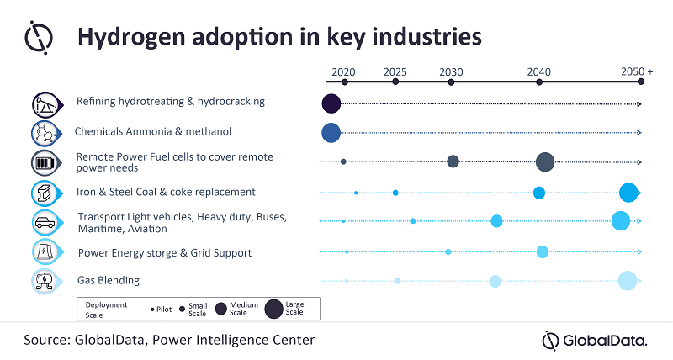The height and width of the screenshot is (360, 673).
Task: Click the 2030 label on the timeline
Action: tap(450, 71)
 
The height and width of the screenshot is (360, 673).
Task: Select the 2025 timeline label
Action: tap(395, 71)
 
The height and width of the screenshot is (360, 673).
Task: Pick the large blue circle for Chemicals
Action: tap(331, 132)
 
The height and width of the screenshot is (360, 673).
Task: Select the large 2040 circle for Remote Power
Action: tap(544, 161)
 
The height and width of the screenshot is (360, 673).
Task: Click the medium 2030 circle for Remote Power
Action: tap(453, 161)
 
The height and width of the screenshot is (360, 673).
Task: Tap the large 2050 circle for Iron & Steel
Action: tap(628, 193)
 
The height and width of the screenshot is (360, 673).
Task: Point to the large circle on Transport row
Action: tap(621, 221)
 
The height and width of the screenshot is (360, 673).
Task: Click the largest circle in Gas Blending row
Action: tap(627, 281)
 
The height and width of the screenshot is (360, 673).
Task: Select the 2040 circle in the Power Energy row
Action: tap(542, 251)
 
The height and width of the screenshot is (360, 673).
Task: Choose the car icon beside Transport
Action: tap(43, 223)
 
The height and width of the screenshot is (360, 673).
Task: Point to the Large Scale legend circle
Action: tap(274, 310)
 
